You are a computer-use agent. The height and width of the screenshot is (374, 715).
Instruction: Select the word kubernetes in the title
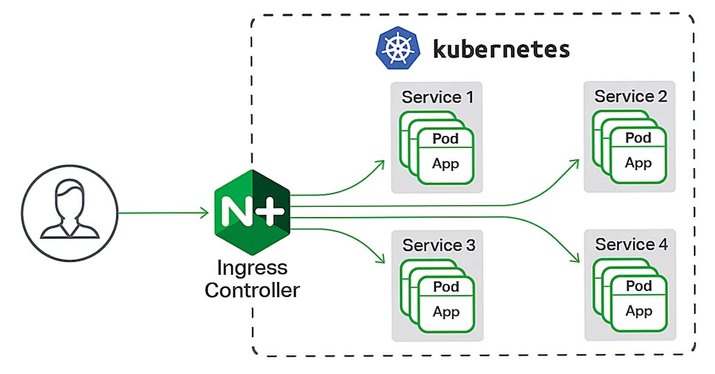pos(501,49)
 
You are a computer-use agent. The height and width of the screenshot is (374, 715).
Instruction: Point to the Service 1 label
pos(438,97)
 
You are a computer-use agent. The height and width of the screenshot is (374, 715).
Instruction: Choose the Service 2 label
pos(631,96)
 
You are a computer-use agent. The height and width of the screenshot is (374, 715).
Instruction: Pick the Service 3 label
pos(438,245)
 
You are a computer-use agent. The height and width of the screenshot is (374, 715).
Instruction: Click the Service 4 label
pos(631,245)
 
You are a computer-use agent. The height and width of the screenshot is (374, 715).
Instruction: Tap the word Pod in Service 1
pos(446,139)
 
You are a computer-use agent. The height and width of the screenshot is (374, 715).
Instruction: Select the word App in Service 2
pos(638,163)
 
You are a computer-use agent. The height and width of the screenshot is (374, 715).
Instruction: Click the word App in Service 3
pos(446,311)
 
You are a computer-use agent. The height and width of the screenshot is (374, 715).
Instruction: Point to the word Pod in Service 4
pos(639,286)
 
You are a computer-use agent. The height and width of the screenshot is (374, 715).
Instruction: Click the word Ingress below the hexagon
pos(252,268)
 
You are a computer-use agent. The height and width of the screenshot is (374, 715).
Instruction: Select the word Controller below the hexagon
pos(252,290)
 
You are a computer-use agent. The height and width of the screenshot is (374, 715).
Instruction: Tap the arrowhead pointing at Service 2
pos(575,163)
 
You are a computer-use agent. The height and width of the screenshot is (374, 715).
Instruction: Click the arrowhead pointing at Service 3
pos(381,260)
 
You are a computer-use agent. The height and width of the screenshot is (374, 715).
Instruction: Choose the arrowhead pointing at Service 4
pos(575,259)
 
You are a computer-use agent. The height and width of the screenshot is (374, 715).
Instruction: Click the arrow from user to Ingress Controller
pos(162,212)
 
